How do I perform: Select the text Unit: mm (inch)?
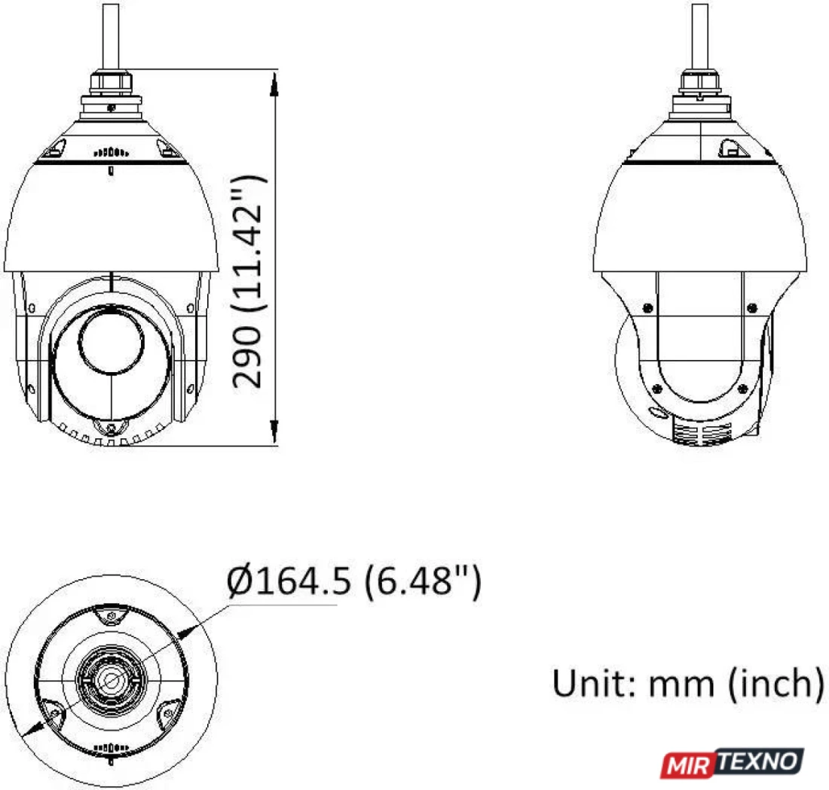pos(688,683)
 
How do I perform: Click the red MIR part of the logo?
pos(688,765)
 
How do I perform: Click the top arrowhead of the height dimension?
pos(274,84)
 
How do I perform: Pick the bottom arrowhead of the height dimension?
pos(274,431)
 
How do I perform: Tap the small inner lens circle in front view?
pos(111,341)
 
